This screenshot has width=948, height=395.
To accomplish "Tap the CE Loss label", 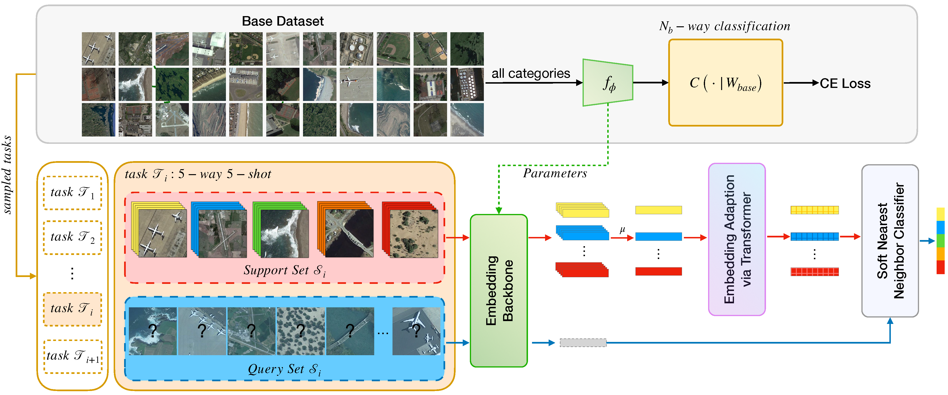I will tap(845, 84).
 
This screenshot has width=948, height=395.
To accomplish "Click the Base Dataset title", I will tap(283, 21).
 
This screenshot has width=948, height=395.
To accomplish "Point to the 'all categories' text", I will tap(531, 73).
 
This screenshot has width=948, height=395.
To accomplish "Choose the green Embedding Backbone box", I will tap(499, 290).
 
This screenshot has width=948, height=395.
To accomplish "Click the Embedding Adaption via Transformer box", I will tap(737, 239).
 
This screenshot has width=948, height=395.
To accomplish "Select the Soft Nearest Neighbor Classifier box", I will tap(890, 241).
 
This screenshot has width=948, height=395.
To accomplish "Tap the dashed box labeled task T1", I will tap(73, 193).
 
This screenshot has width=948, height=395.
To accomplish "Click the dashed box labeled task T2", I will tap(73, 237).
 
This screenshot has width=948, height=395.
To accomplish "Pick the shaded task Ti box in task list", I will tap(73, 309).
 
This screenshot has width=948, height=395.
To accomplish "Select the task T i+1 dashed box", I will tap(73, 356).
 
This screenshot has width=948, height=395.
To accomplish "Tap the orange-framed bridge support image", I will tap(349, 233).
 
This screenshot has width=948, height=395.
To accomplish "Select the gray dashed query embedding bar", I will tap(583, 343).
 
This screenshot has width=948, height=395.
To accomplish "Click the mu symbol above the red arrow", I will tap(622, 230).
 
